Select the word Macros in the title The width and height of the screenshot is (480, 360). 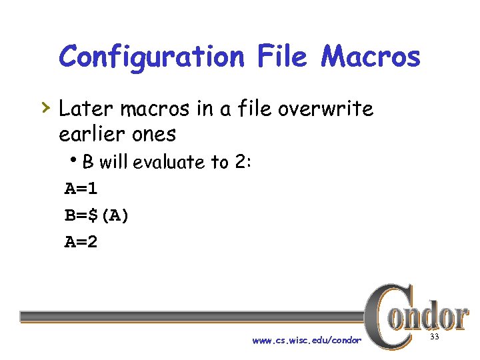(x=371, y=57)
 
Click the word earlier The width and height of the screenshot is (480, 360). (x=89, y=134)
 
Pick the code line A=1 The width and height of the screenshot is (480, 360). (x=81, y=189)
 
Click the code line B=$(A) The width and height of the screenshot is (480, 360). (x=97, y=215)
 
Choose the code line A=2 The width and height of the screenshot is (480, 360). (x=81, y=242)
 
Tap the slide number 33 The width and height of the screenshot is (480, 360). (x=435, y=337)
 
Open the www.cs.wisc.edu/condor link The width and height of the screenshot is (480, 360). (x=307, y=341)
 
